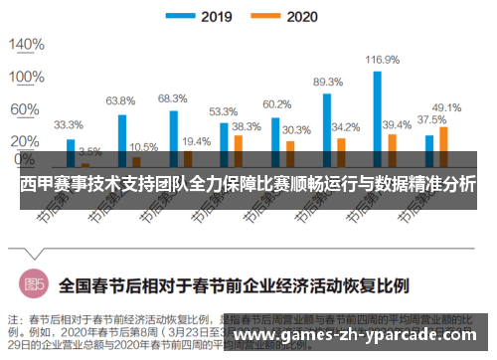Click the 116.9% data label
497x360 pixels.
(x=382, y=61)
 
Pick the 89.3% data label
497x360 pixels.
(x=328, y=82)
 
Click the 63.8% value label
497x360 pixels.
(x=120, y=100)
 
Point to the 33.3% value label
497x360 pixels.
(x=68, y=125)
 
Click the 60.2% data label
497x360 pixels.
(x=276, y=104)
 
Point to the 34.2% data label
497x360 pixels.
(x=345, y=127)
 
